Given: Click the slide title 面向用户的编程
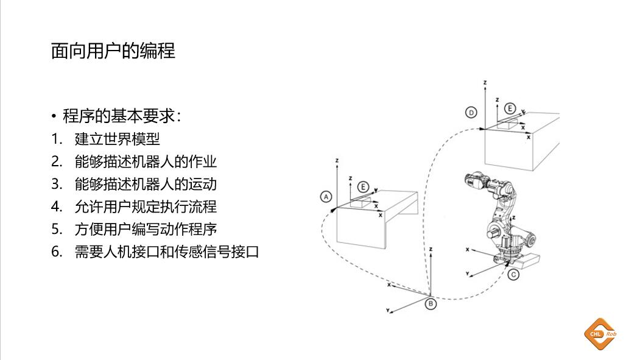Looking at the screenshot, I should tap(113, 51).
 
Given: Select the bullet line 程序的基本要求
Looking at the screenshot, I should tap(127, 116).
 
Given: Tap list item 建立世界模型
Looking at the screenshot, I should tap(117, 139).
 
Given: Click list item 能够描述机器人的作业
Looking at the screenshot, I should tap(146, 162).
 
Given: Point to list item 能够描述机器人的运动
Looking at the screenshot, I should tap(146, 185).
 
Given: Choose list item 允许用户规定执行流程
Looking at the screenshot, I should tap(146, 206).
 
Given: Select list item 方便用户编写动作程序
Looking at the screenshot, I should tap(146, 229).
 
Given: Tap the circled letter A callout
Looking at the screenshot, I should tap(326, 197).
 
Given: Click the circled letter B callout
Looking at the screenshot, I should tap(431, 303).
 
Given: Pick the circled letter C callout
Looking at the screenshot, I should tap(513, 275).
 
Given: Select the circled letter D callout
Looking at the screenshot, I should tap(471, 112).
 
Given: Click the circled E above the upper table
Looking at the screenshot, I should tap(510, 109).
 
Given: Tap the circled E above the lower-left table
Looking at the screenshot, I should tap(363, 186).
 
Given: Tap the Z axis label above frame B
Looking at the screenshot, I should tap(431, 249).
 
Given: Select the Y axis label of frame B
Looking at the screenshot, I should tap(388, 311).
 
